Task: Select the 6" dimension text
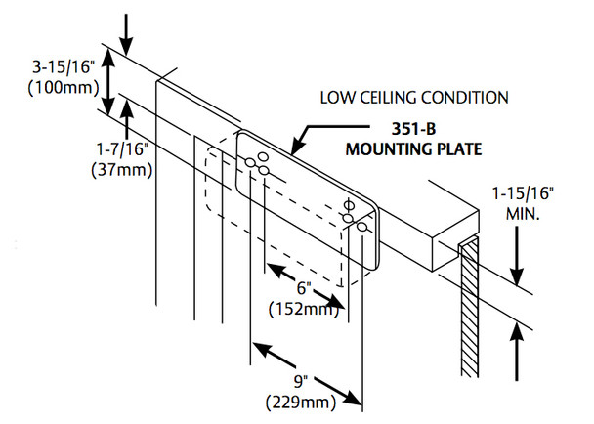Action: [x=304, y=289]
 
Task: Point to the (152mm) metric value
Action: [x=304, y=309]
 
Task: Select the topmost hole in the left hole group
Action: [x=261, y=154]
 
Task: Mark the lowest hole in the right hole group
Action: [x=361, y=227]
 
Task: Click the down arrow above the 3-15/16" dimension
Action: [x=129, y=36]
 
